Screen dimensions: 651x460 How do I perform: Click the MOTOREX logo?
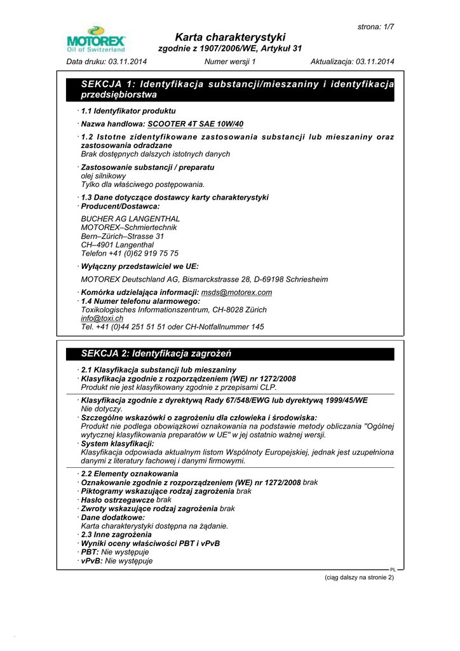tap(96, 39)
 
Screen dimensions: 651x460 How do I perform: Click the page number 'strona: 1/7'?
tap(375, 27)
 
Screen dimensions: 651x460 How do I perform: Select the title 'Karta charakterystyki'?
tap(230, 37)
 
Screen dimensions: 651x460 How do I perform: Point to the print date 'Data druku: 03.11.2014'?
tap(107, 62)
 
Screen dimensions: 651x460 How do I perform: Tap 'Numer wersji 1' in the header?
tap(230, 62)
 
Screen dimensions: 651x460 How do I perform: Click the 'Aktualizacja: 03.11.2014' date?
tap(352, 62)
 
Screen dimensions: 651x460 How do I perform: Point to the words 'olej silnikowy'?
tap(104, 176)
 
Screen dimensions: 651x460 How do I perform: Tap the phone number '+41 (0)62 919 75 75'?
tap(144, 254)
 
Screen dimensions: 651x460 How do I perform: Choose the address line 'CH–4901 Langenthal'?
tap(118, 245)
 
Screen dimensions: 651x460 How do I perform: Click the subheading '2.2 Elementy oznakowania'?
tap(130, 474)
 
